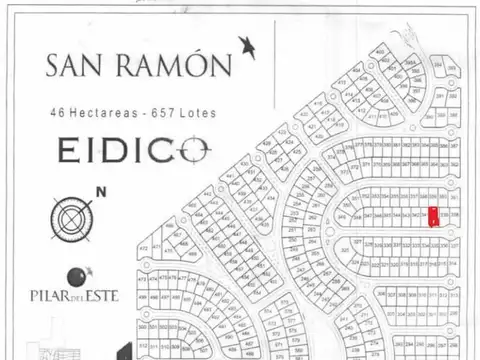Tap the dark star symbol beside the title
click(x=246, y=46)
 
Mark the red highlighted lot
click(x=432, y=215)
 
